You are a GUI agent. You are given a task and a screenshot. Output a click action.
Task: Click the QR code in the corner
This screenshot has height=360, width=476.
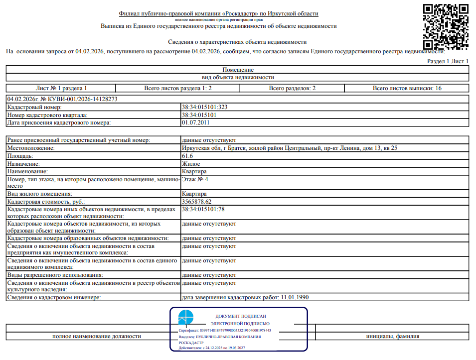446,26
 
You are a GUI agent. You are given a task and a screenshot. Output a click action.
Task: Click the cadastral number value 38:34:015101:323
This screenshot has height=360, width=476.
205,107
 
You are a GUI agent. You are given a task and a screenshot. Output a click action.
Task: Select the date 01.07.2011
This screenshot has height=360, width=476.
195,122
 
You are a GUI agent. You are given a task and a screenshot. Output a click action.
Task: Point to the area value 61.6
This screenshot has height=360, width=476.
187,156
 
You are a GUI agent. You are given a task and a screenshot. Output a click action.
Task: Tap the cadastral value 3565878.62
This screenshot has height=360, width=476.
197,202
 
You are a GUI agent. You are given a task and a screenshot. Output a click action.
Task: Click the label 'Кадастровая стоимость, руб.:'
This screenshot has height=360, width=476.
46,202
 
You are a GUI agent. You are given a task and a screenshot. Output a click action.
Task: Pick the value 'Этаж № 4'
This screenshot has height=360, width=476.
195,179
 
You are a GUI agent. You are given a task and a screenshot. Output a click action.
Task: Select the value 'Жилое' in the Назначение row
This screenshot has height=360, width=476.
191,163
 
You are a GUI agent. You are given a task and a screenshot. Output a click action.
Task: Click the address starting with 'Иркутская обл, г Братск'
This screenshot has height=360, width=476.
289,148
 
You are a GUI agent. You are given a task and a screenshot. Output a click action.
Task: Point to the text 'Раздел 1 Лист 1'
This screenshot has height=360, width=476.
448,61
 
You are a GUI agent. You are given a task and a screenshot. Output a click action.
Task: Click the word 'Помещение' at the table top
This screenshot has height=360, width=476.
238,70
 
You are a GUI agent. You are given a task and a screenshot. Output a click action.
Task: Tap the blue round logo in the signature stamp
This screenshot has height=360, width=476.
186,317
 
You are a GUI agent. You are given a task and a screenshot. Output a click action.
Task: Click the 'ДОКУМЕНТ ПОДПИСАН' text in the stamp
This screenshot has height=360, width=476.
241,316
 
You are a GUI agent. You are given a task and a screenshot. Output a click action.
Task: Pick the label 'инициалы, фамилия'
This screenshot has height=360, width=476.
392,336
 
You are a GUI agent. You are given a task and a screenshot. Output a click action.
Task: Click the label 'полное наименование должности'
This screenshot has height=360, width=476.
97,336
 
